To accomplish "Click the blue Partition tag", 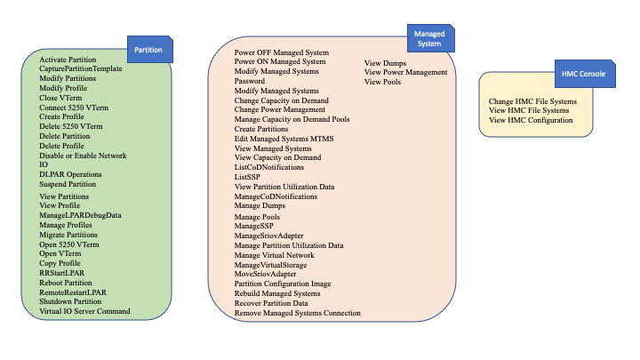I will coord(148,50).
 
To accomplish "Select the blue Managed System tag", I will coord(429,38).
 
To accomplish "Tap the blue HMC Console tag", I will coord(584,76).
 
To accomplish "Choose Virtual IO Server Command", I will coord(84,311).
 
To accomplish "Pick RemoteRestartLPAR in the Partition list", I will coord(73,292).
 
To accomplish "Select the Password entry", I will coord(250,81).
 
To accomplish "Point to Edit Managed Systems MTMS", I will coord(284,139).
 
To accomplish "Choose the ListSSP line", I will coord(249,177).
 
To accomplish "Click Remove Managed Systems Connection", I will coord(297,313).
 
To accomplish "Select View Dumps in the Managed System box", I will coord(386,63).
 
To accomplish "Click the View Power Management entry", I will coord(405,72).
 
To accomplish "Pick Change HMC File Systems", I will coord(532,101).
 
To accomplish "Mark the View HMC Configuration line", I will coord(531,120).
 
